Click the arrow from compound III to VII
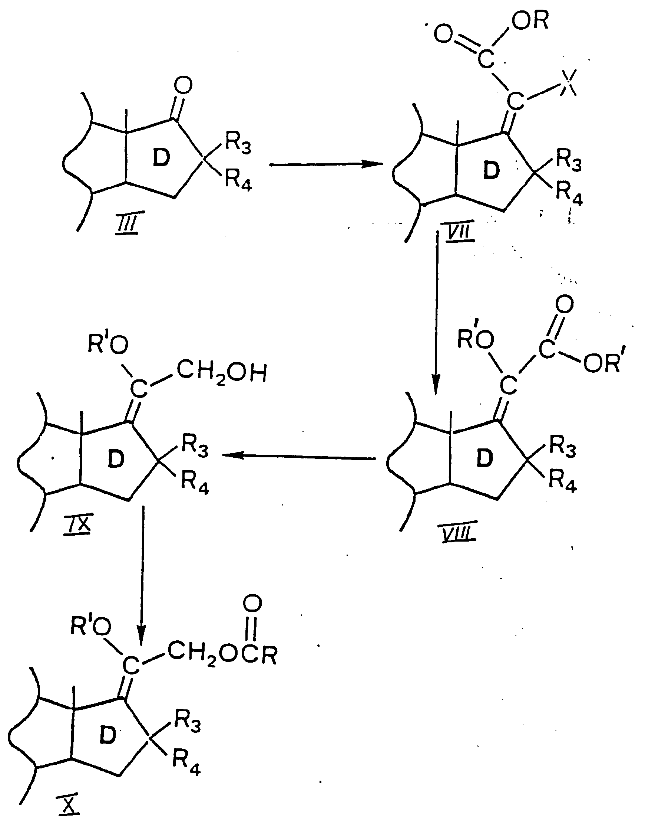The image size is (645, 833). click(326, 164)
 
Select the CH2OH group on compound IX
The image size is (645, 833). click(221, 373)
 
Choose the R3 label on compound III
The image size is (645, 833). click(238, 143)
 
